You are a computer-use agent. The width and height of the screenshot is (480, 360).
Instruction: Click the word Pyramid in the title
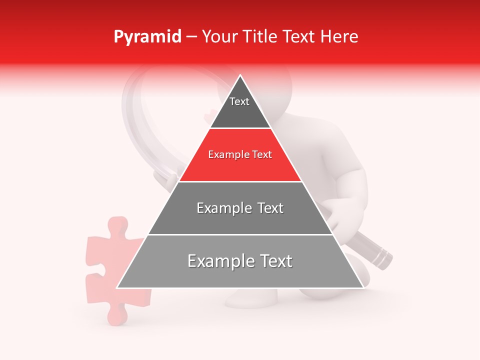[x=147, y=37]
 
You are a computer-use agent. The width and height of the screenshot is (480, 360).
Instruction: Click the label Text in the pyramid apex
[x=239, y=101]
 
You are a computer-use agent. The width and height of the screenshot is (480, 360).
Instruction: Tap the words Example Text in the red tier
[x=240, y=155]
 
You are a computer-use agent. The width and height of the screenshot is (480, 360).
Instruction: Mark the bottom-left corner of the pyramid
[x=117, y=287]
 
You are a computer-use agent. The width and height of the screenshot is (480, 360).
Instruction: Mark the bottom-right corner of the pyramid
[x=363, y=287]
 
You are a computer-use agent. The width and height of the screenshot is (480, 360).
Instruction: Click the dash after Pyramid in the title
[x=191, y=37]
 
